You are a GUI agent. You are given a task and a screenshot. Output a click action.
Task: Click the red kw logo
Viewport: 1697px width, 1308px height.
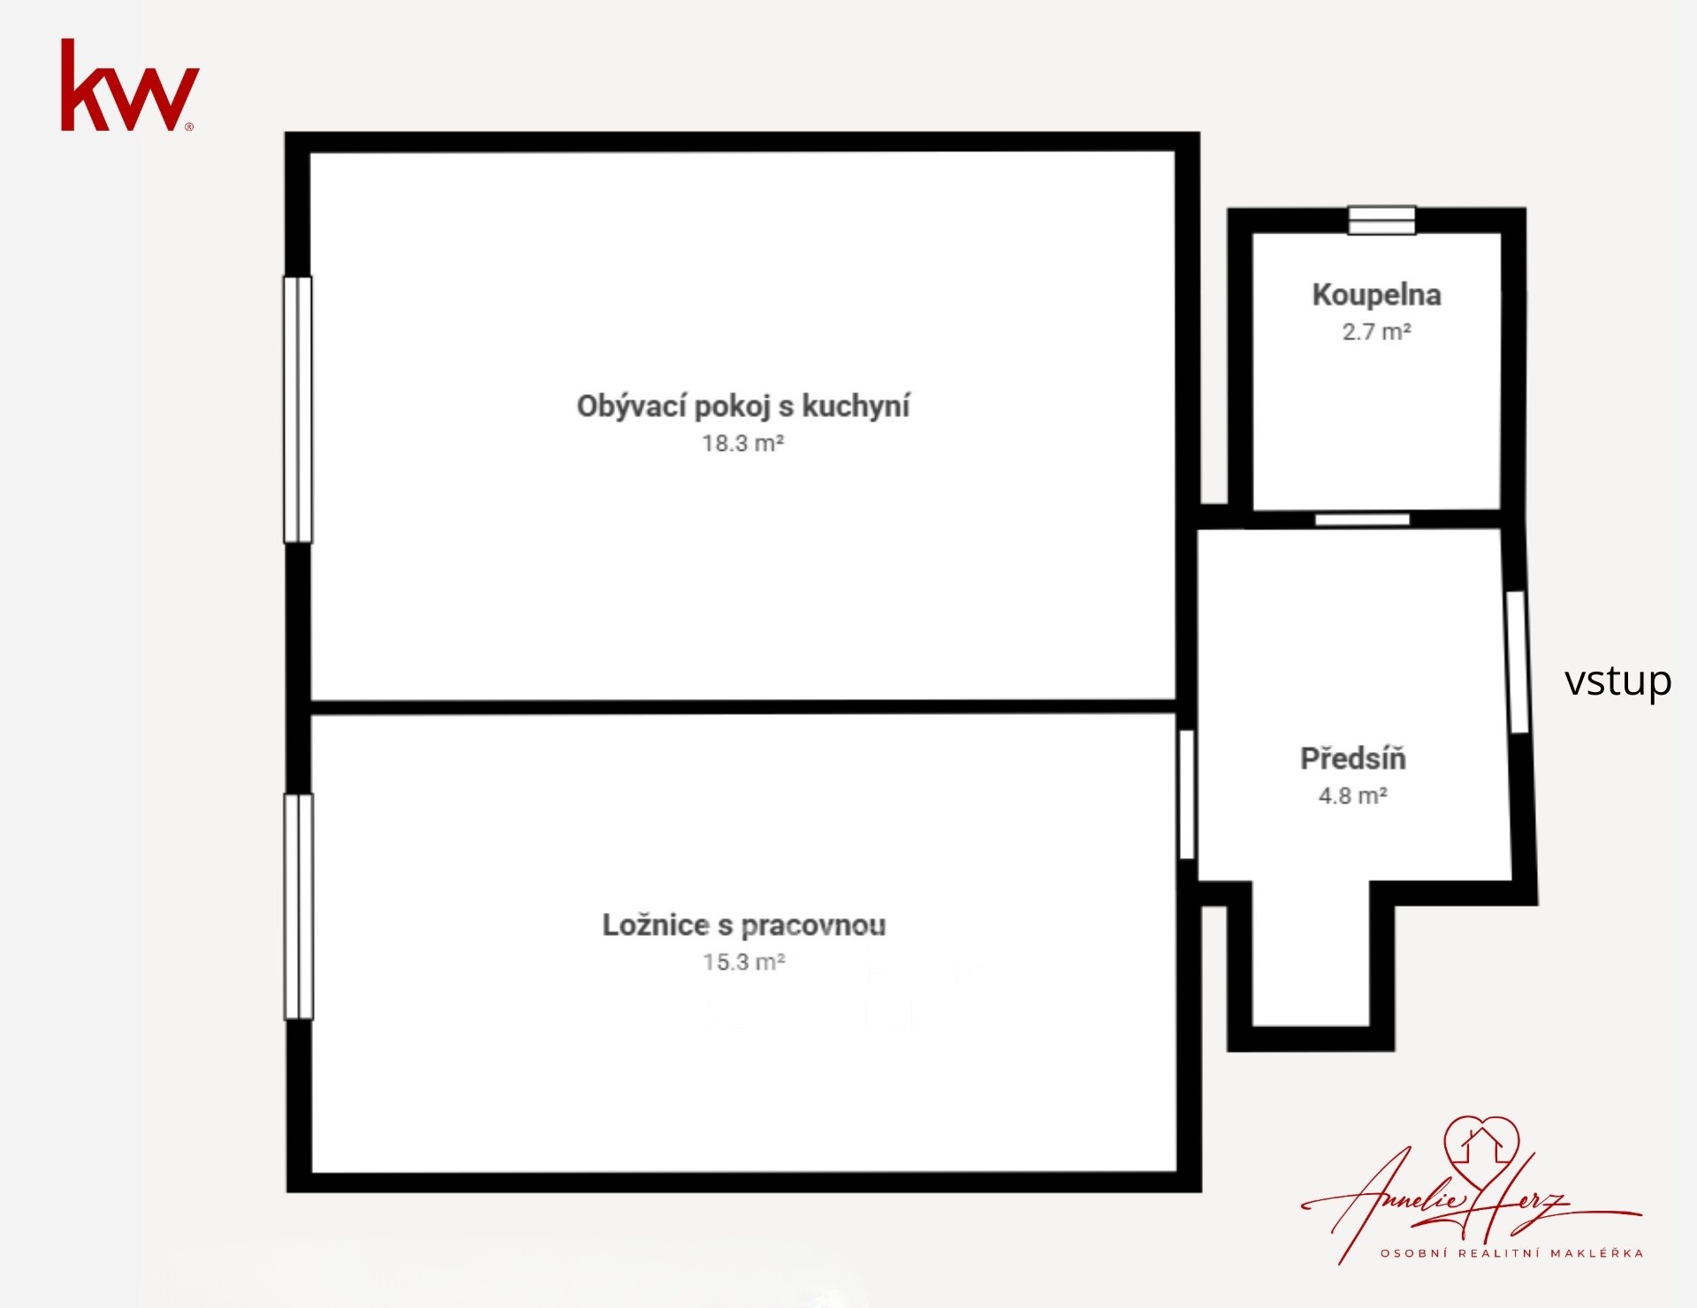point(129,85)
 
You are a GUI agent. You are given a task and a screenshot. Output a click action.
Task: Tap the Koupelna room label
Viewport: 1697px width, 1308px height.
point(1376,295)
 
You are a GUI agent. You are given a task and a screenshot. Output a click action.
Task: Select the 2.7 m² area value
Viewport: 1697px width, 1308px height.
point(1376,332)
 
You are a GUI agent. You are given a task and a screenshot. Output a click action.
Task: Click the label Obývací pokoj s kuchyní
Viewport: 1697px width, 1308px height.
point(743,407)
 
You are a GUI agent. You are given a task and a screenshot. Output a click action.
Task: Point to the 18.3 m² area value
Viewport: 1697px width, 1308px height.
point(743,443)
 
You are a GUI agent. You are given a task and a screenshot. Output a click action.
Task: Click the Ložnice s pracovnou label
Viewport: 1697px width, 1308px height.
point(744,925)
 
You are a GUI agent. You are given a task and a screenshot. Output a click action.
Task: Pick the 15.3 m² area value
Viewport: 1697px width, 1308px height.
point(744,962)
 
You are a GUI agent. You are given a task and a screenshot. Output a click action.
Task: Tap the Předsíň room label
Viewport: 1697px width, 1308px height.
point(1352,758)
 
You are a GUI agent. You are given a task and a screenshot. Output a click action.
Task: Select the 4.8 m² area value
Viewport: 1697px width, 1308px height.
point(1352,795)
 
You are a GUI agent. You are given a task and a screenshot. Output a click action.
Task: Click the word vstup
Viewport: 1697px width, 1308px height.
point(1617,681)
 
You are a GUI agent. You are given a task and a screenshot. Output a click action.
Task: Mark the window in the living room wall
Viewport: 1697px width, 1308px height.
point(298,410)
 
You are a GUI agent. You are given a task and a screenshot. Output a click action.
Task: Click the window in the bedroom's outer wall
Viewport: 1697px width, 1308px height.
point(299,907)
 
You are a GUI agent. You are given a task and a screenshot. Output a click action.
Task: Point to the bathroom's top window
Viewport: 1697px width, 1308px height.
point(1381,220)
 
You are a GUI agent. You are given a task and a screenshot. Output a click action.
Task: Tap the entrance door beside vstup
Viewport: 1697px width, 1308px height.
point(1517,662)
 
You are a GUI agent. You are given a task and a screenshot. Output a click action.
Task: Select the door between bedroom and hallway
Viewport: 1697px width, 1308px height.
point(1187,795)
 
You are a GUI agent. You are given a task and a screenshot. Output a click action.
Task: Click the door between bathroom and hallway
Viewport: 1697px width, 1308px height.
point(1362,520)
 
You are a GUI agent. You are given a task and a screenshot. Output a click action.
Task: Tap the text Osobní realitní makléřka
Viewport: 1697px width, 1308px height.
point(1512,1252)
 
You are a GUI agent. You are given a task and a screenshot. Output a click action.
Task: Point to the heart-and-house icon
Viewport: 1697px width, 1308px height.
point(1481,1147)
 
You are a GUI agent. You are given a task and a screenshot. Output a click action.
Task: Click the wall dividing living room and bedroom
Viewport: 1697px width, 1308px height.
point(743,707)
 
